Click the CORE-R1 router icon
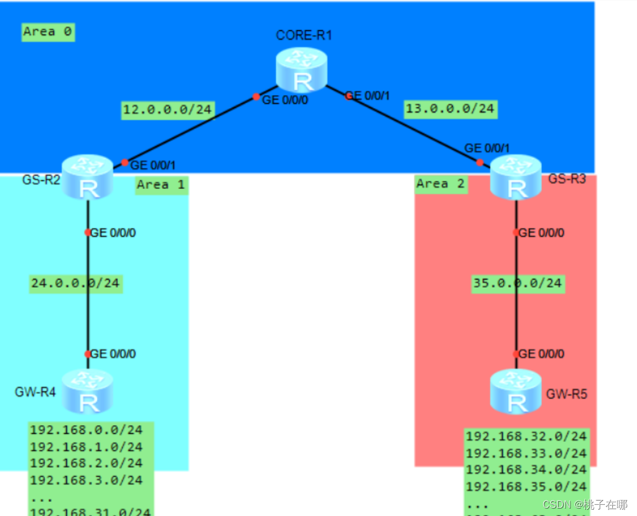coord(301,71)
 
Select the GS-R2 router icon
coord(88,177)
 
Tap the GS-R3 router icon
coord(516,177)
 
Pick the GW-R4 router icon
coord(88,391)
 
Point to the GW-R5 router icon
coord(516,391)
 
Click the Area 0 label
coord(48,32)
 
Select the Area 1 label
coord(161,185)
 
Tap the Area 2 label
coord(440,184)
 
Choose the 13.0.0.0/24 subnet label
coord(450,109)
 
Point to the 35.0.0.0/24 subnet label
coord(517,283)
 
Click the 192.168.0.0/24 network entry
coord(86,430)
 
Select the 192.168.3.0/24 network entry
coord(86,480)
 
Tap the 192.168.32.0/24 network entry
coord(526,436)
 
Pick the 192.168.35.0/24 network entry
coord(526,486)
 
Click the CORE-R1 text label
coord(304,35)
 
